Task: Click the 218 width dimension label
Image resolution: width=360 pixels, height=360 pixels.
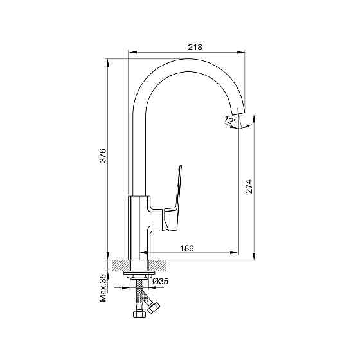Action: click(x=195, y=47)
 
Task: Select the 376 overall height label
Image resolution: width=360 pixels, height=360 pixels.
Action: click(x=103, y=156)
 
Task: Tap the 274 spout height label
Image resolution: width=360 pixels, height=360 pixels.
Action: click(x=249, y=186)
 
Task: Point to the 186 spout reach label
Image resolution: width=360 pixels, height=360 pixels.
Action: click(x=187, y=248)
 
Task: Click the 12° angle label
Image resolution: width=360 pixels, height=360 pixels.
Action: click(x=230, y=120)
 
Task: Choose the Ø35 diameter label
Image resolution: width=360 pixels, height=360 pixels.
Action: click(x=161, y=281)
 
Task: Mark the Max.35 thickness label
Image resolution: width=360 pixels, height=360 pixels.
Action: click(x=103, y=288)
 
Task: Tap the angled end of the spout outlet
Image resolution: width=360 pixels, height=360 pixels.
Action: click(x=239, y=112)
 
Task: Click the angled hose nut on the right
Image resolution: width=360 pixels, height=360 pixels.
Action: click(x=154, y=308)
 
